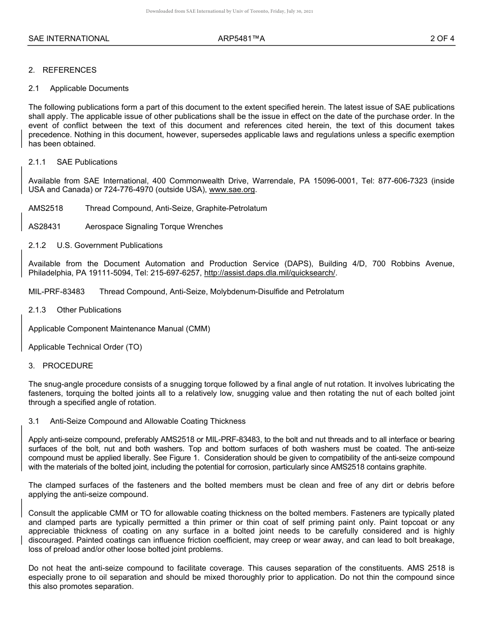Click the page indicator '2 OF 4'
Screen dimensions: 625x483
pos(442,38)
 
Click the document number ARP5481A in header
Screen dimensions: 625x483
pos(241,38)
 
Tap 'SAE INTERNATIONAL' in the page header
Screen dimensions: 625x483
pos(69,38)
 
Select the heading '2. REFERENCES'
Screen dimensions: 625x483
pos(63,70)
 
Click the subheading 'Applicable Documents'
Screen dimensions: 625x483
pos(89,88)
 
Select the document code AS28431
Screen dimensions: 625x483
pos(44,227)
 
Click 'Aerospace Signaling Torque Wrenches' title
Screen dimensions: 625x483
pos(154,227)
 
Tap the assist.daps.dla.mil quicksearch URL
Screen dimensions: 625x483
pos(269,273)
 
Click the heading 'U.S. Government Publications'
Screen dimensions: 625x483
pos(109,245)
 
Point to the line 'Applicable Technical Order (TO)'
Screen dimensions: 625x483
pos(85,347)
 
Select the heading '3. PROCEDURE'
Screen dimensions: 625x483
pos(61,366)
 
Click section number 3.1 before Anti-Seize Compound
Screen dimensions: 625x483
pos(34,421)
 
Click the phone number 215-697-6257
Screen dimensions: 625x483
pos(176,273)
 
